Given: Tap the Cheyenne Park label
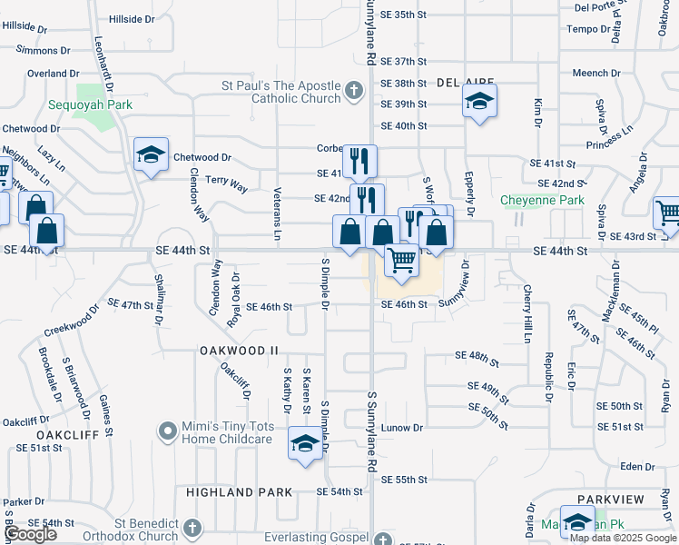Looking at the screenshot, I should (543, 200).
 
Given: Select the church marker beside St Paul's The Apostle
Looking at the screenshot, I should (353, 91).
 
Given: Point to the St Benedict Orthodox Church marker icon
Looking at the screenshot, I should (192, 528).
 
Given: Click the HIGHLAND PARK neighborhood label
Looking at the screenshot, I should (239, 492).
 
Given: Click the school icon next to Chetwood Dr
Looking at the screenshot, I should (152, 154).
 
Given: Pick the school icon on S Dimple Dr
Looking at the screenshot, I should (305, 445).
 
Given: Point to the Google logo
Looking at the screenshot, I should (30, 534).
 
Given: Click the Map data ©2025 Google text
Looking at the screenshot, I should (624, 538).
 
